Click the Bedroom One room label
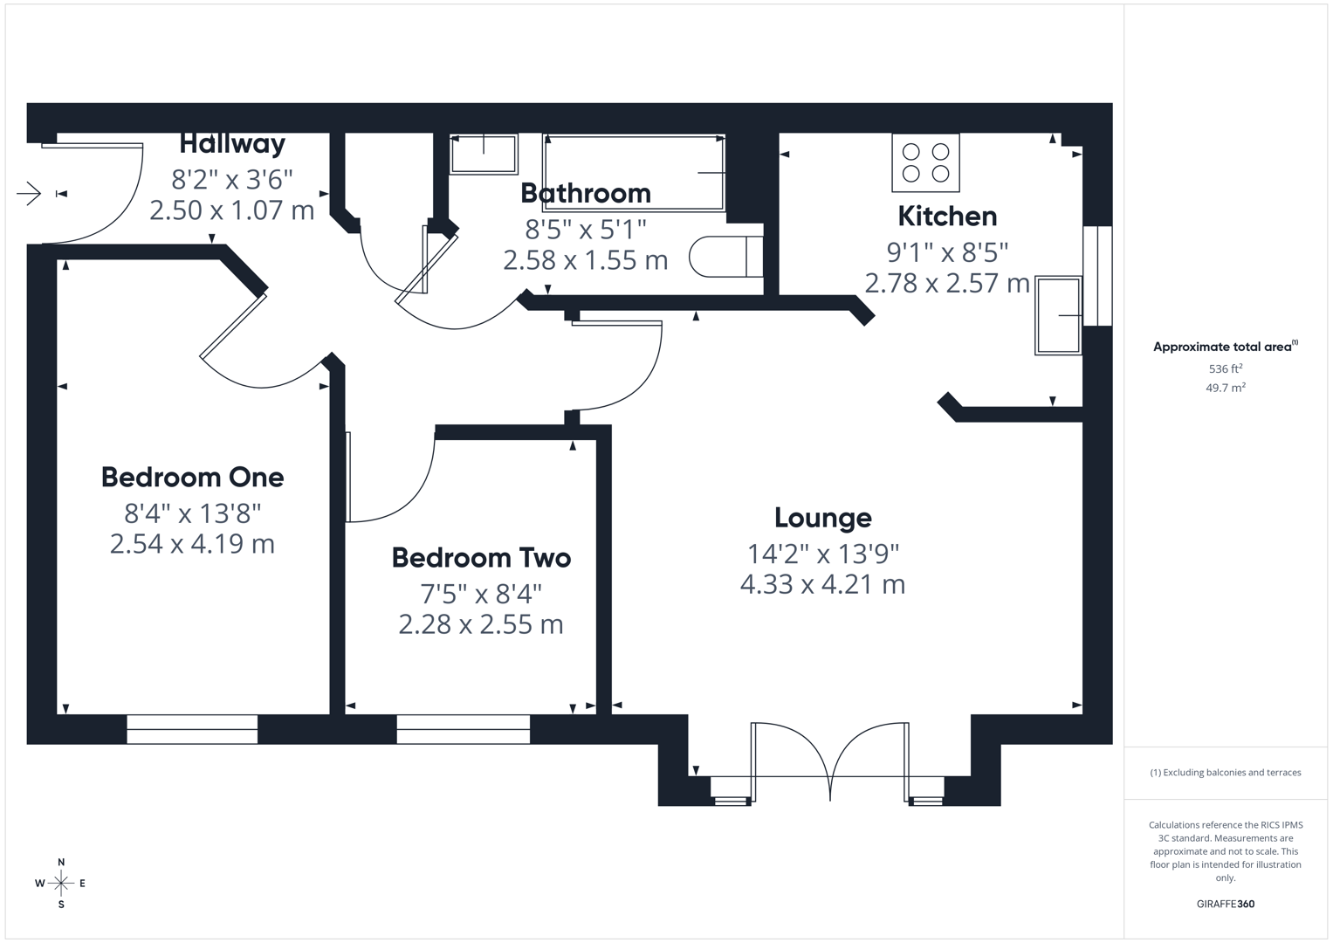192,478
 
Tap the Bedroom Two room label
481,558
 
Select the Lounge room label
822,518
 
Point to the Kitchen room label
947,217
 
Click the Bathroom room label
586,193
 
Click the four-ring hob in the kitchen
925,162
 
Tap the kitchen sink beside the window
1058,315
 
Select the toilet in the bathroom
725,257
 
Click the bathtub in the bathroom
634,172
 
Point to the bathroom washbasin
484,154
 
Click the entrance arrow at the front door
29,193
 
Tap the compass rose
61,884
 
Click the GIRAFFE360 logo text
1225,904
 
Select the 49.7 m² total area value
1225,388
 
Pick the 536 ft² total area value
1225,369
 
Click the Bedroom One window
192,729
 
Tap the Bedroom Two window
463,729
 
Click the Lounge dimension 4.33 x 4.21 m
822,584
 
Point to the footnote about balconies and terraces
1225,773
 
